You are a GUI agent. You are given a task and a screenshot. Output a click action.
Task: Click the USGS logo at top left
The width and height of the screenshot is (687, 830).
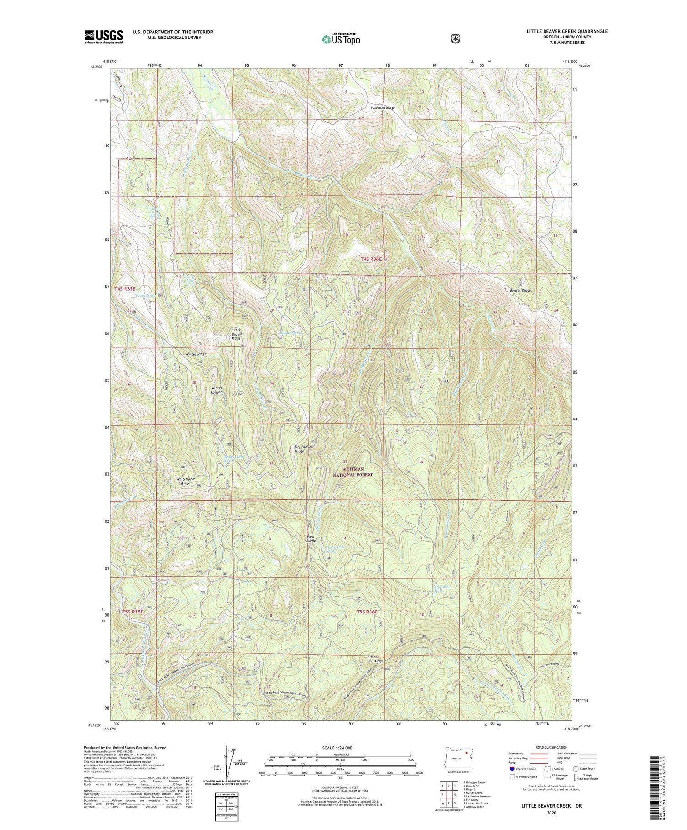pos(104,37)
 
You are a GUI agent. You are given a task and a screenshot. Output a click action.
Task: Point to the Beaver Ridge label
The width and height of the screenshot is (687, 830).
pos(520,290)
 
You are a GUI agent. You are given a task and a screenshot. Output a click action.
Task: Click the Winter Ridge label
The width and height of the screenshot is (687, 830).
pos(196,354)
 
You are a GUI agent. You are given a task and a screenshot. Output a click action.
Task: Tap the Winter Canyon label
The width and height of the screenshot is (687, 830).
pos(217,390)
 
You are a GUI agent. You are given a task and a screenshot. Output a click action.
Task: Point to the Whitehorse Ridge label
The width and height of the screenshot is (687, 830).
pos(185,481)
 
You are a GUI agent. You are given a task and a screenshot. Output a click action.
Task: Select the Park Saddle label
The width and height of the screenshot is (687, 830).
pos(311,538)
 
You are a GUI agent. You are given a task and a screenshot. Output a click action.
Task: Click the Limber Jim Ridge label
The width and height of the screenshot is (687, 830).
pos(375,659)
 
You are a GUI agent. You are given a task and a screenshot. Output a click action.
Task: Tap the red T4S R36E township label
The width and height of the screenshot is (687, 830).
pos(371,259)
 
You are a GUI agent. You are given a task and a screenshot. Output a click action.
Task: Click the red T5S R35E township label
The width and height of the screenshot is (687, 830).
pos(133,612)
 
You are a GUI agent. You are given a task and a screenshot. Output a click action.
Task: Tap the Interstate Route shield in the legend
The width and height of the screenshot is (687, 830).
pos(512,769)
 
